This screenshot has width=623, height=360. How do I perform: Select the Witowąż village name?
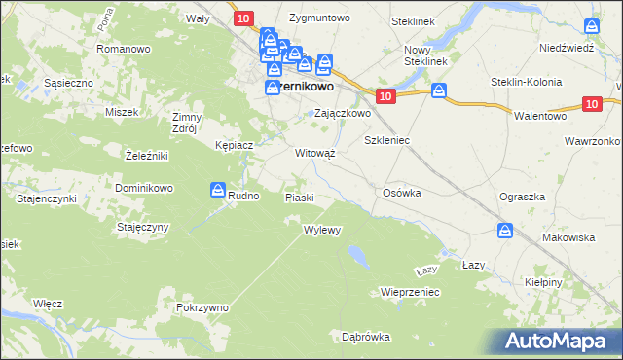coord(314,153)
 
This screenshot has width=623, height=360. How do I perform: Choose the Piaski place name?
coord(299,198)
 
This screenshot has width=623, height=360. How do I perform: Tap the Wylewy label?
coord(321,231)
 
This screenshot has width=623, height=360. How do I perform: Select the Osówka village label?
coord(402,193)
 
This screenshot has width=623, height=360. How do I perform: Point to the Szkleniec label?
coord(386,140)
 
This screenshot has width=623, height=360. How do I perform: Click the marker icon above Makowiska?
coord(505,231)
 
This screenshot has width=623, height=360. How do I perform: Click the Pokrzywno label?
coord(202,307)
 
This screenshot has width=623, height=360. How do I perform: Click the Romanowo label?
coord(122,47)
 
